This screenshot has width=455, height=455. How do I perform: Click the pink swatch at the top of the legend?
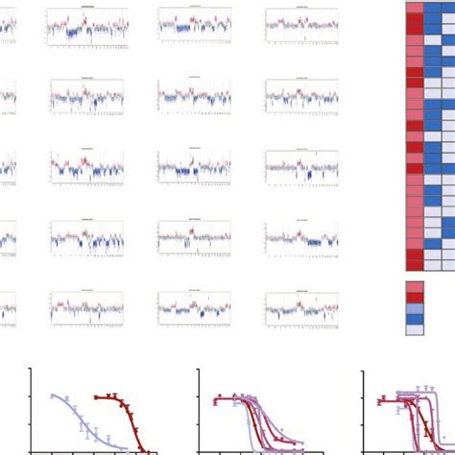[x=414, y=286]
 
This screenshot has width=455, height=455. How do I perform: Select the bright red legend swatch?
[x=414, y=299]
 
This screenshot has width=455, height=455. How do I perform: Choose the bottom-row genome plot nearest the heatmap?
[x=300, y=305]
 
